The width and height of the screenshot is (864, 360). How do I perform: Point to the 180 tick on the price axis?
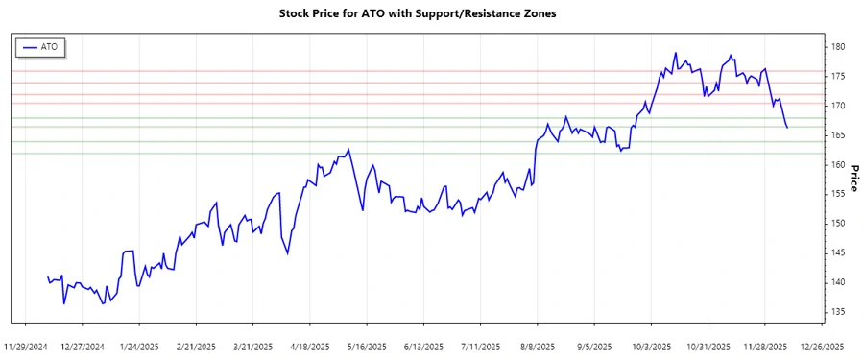point(838,46)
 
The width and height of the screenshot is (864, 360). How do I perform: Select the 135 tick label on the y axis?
point(838,311)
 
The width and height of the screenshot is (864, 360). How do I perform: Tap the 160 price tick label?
point(838,164)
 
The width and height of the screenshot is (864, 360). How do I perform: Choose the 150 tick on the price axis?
point(838,223)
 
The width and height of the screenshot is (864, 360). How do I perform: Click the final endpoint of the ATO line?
point(787,128)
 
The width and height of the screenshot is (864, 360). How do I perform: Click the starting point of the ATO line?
point(47,277)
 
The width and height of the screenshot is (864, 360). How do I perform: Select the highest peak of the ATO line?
point(676,53)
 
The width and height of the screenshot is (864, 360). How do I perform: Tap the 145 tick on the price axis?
point(838,252)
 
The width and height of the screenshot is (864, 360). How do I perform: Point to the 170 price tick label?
point(838,106)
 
